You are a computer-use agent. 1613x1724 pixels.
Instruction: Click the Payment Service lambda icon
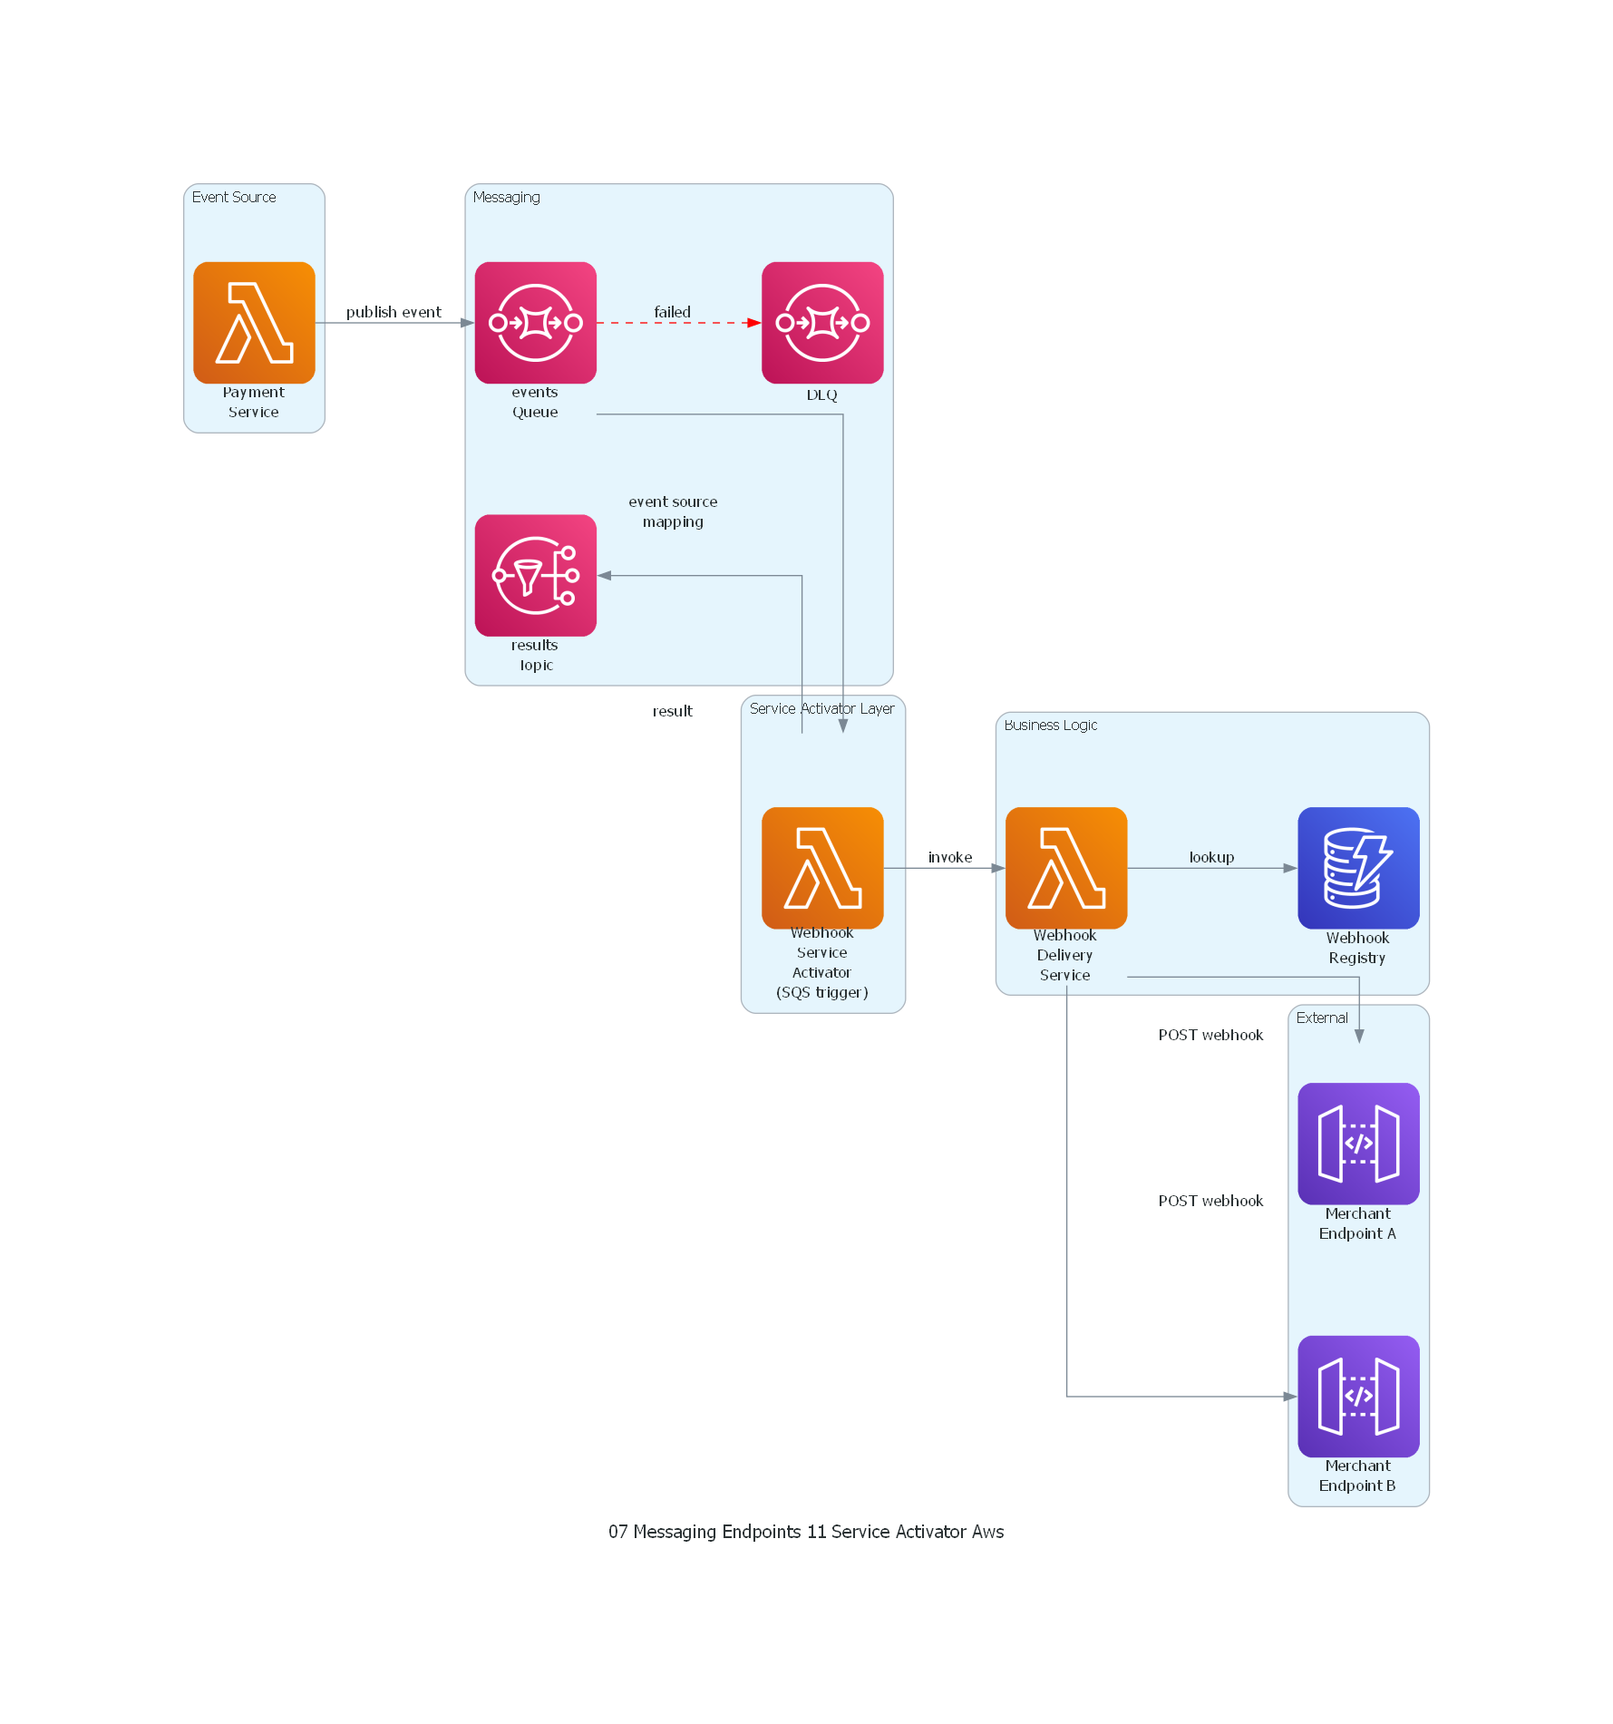[x=254, y=323]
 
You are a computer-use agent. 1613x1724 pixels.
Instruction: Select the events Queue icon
[x=535, y=323]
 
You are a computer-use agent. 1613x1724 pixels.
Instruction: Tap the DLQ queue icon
[x=822, y=323]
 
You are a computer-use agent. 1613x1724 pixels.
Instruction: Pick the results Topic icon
[x=535, y=575]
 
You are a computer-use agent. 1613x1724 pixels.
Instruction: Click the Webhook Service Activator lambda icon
[x=822, y=868]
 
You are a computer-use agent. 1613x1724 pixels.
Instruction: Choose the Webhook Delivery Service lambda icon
[x=1066, y=868]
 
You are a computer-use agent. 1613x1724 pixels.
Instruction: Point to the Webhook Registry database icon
[x=1358, y=868]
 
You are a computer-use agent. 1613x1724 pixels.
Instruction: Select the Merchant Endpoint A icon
[x=1358, y=1144]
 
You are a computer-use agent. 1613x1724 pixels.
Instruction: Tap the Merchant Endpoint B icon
[x=1358, y=1396]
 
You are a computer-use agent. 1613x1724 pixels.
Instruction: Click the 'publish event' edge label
[x=394, y=312]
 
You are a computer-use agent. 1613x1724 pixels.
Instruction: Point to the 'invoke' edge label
[x=949, y=857]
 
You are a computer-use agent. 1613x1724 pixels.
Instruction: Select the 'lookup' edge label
[x=1211, y=857]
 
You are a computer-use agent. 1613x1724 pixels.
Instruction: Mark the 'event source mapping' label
[x=673, y=511]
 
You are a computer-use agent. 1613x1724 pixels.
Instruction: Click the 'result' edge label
[x=672, y=711]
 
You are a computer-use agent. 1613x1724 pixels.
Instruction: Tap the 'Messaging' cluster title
[x=506, y=197]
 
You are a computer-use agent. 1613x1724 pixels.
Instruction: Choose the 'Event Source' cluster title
[x=234, y=197]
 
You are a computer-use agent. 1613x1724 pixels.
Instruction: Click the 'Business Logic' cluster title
[x=1050, y=725]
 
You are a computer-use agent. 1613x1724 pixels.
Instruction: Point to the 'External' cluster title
[x=1322, y=1018]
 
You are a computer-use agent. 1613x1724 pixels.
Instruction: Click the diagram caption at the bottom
[x=806, y=1532]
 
